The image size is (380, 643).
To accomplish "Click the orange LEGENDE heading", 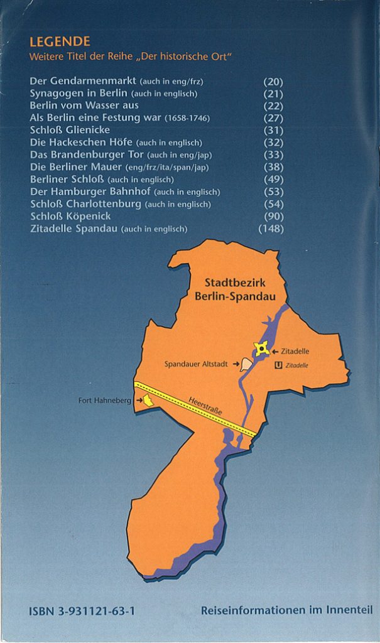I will (x=60, y=42).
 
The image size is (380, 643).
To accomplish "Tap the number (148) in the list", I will (x=271, y=229).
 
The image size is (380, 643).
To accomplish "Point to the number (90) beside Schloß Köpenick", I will (x=273, y=216).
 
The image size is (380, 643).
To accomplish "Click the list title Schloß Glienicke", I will (x=70, y=130).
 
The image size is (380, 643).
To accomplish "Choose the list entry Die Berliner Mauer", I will (x=76, y=167).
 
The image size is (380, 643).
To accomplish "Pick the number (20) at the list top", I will (x=273, y=82).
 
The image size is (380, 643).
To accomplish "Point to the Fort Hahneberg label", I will (x=104, y=400).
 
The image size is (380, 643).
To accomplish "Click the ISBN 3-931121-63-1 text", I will (x=82, y=610).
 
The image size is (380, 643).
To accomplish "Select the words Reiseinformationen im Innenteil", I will (x=286, y=610).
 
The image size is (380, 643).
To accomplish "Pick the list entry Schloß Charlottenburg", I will (x=87, y=204).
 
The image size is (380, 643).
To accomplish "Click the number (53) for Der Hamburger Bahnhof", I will (x=273, y=192).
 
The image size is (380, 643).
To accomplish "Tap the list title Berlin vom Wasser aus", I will (x=84, y=105).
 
